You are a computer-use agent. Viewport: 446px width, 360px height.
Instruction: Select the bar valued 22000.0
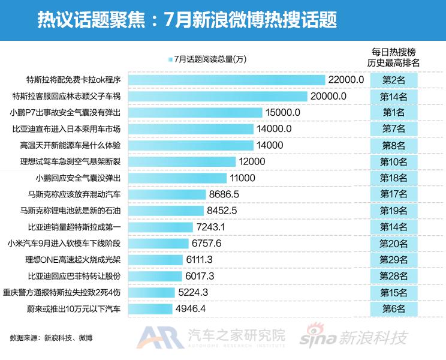225,80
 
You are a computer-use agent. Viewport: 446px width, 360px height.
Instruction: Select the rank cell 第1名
394,112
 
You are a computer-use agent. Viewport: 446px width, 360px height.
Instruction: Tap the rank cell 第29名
394,259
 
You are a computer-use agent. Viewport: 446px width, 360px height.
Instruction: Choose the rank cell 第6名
394,308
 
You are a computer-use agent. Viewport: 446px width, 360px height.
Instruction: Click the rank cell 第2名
394,80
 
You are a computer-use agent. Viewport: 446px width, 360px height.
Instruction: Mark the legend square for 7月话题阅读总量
171,59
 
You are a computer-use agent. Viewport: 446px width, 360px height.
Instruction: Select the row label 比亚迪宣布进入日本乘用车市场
67,128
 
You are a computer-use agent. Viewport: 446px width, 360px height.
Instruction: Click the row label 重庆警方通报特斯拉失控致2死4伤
62,292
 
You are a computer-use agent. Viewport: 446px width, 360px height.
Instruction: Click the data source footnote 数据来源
51,338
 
